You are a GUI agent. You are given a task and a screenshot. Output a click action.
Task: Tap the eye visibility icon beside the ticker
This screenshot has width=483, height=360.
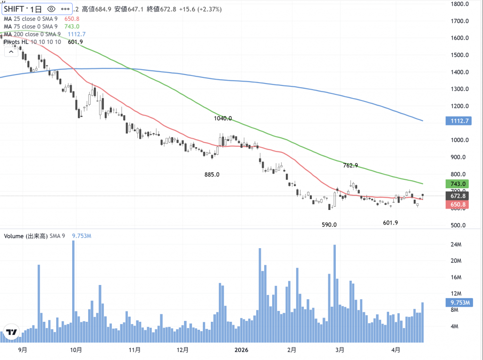coord(51,9)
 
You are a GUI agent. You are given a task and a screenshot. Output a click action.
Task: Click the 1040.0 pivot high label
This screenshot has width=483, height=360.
coord(223,119)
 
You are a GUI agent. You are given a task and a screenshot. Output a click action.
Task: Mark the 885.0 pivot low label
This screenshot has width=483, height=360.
coord(212,175)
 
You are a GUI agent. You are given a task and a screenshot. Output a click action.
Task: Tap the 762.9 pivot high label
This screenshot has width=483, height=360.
coord(350,166)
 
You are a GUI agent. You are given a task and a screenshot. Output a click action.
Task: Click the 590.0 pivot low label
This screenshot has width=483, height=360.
coord(329,225)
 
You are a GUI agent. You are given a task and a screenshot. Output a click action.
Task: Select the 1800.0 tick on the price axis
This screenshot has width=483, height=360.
coord(459,4)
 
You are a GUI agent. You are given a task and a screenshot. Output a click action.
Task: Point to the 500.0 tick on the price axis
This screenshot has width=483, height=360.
coord(458,225)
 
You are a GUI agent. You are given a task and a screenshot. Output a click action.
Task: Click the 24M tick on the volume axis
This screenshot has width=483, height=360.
coord(455,244)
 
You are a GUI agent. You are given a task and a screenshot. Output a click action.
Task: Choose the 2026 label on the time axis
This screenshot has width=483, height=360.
coord(241,350)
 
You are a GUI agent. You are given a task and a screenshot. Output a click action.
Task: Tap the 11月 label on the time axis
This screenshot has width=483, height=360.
coord(134,350)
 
